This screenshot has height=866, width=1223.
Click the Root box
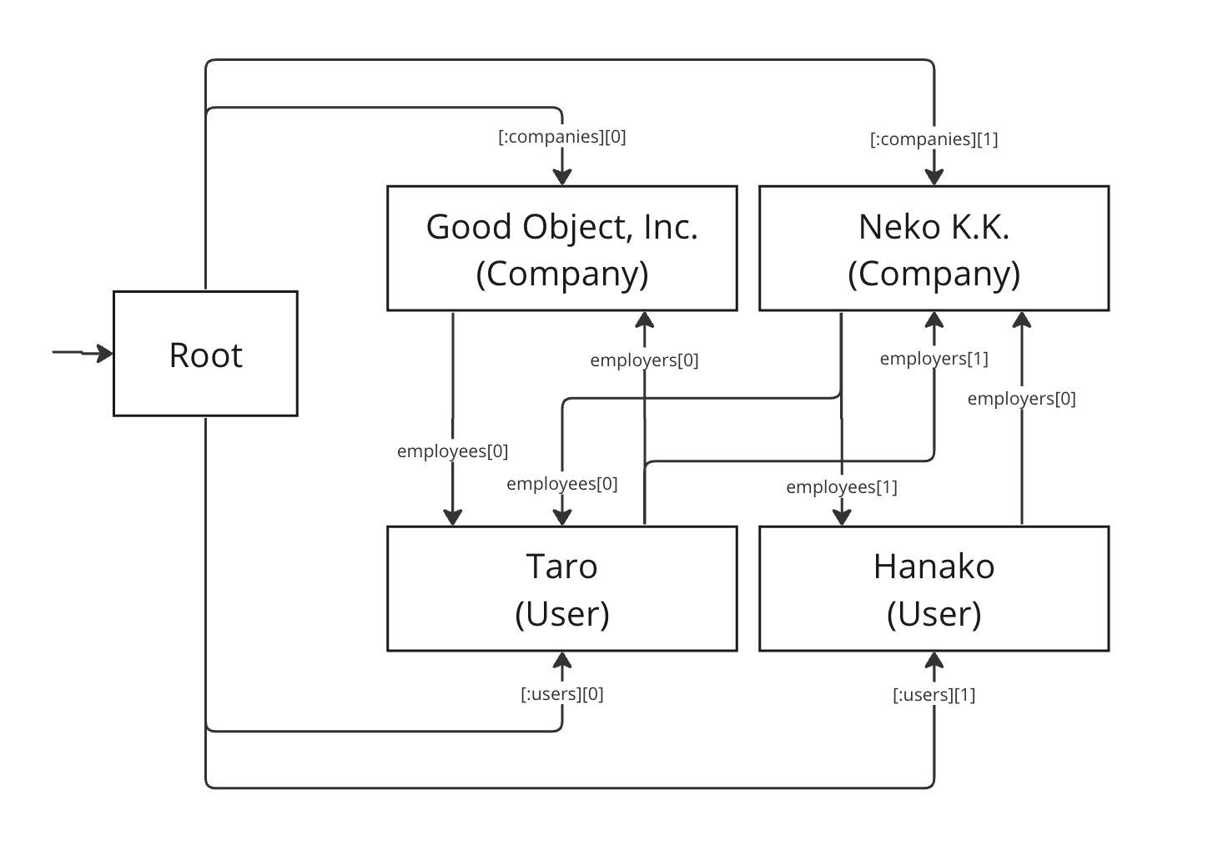pos(205,354)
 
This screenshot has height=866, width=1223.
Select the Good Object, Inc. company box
pos(561,249)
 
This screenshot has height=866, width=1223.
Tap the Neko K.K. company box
pos(934,249)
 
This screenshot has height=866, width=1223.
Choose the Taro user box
pos(561,589)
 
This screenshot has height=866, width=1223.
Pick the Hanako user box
pos(934,589)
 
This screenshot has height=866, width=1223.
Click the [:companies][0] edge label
pos(561,137)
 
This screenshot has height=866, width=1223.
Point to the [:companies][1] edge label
pos(934,139)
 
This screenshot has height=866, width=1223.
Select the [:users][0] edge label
pos(561,694)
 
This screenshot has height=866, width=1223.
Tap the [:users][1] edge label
pos(934,694)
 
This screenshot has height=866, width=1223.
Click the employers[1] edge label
pos(934,359)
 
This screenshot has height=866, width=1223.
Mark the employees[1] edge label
pos(842,487)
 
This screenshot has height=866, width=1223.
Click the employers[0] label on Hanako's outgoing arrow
pos(1022,399)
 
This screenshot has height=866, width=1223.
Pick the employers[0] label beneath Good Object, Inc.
pos(644,360)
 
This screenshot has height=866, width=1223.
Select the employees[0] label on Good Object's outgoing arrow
pos(452,451)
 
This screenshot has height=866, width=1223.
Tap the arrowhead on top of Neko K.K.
pos(934,177)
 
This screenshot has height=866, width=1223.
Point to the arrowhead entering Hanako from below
pos(934,661)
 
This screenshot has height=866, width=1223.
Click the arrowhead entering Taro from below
pos(561,661)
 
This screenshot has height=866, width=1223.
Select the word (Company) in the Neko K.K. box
pos(934,274)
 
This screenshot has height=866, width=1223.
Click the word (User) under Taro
pos(561,614)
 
